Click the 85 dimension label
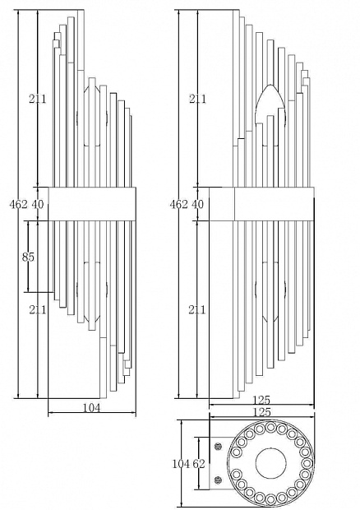[x=28, y=257]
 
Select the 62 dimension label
[x=199, y=463]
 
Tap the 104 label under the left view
[x=92, y=407]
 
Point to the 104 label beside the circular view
[x=181, y=463]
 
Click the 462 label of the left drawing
[x=19, y=204]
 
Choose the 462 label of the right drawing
[x=178, y=204]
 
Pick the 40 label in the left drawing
[x=37, y=204]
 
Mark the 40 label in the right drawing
[x=197, y=204]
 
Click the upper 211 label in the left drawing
[x=38, y=99]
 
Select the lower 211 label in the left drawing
[x=38, y=309]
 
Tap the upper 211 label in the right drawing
[x=197, y=99]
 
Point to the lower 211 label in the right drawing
[x=197, y=309]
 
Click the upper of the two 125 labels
[x=261, y=400]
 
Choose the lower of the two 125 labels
[x=261, y=412]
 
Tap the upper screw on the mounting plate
[x=219, y=447]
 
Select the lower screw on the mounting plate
[x=219, y=480]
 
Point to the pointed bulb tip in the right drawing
[x=270, y=86]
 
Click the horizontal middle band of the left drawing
[x=92, y=204]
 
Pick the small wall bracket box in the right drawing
[x=222, y=204]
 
